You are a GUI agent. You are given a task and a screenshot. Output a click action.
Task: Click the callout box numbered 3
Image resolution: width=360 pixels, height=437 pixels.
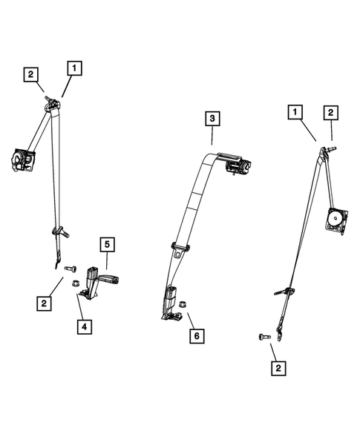(212, 119)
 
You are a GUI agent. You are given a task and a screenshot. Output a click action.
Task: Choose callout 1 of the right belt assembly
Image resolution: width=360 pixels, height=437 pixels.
(296, 113)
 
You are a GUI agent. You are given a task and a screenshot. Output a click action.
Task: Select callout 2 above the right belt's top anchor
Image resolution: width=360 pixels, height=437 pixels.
(330, 113)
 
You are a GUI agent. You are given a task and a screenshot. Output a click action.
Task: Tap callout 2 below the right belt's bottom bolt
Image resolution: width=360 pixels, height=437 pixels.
(278, 367)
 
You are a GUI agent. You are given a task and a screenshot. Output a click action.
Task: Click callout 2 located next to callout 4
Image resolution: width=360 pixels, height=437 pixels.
(45, 302)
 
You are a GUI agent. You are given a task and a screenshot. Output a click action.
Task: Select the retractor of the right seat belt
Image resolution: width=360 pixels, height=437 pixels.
(335, 220)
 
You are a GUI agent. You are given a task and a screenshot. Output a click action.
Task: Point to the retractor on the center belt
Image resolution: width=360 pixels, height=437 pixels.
(240, 166)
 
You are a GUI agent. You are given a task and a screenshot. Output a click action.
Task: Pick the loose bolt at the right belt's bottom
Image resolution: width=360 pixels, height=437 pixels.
(264, 336)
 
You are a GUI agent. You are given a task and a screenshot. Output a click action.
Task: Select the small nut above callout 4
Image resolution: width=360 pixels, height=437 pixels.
(75, 283)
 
